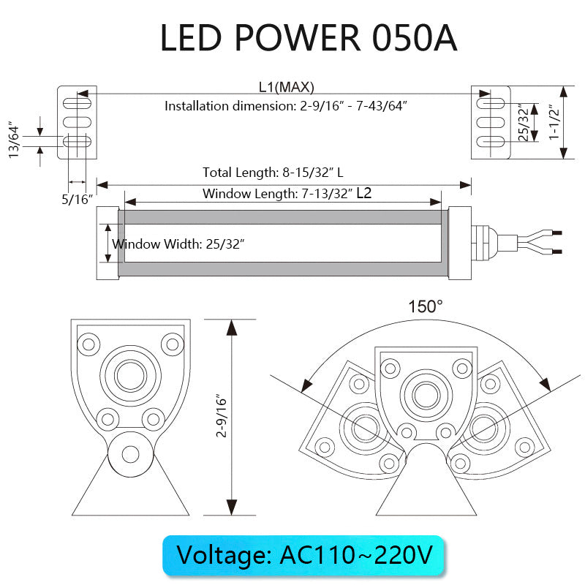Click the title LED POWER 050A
click(308, 38)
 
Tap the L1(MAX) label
click(286, 87)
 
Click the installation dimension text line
click(286, 106)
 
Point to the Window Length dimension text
click(287, 194)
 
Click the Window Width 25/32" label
click(178, 244)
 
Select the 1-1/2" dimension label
click(554, 122)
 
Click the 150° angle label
click(426, 306)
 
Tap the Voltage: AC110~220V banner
click(303, 555)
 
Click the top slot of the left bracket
click(76, 103)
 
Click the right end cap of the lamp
click(459, 242)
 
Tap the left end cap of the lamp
click(107, 242)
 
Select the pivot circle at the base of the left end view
click(130, 453)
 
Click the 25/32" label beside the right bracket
click(522, 122)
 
